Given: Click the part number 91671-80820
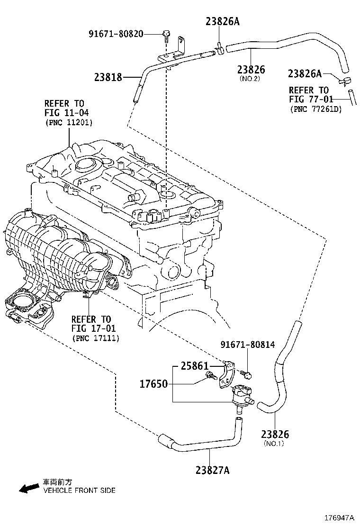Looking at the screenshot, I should click(x=116, y=34).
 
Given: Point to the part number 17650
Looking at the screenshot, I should click(x=153, y=383).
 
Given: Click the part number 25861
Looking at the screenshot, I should click(x=195, y=366).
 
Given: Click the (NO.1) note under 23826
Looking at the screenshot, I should click(x=273, y=444).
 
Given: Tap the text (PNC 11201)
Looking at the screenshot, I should click(x=69, y=122).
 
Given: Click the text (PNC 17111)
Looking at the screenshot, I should click(x=96, y=338).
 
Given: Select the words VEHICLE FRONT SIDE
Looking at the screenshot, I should click(x=79, y=491).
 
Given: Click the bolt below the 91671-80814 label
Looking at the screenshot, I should click(x=247, y=375).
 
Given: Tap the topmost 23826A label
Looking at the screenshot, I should click(x=223, y=21).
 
